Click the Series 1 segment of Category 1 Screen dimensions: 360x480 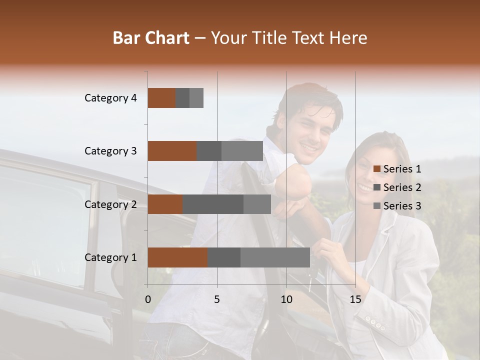pos(177,257)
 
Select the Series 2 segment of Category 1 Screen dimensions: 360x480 pos(224,257)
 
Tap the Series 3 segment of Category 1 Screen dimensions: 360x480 pos(275,257)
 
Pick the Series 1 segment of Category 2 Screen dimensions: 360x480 pos(165,204)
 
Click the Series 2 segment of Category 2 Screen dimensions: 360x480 pos(213,204)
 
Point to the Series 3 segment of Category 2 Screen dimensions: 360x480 pos(257,204)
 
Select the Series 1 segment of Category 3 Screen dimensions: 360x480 pos(172,151)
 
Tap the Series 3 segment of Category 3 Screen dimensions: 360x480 pos(242,151)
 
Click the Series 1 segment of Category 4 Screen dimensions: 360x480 pos(161,98)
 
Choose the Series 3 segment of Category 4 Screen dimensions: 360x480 pos(196,98)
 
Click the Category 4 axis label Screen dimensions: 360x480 pos(110,98)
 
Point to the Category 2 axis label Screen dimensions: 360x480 pos(110,204)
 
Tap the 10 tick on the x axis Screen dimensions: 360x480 pos(286,299)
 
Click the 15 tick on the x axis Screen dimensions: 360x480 pos(355,299)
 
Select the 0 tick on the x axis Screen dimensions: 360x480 pos(148,299)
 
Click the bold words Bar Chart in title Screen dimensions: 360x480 pos(151,38)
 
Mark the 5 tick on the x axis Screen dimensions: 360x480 pos(217,299)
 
